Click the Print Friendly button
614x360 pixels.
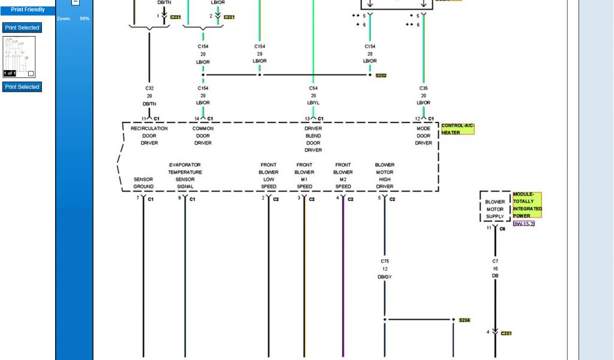(x=28, y=10)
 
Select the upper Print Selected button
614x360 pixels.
(x=22, y=28)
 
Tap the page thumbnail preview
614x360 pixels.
(x=19, y=57)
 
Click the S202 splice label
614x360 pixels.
(x=381, y=76)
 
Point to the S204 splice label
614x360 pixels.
(x=465, y=320)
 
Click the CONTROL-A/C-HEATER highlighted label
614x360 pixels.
(x=458, y=129)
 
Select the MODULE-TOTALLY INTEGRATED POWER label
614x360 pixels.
(x=527, y=205)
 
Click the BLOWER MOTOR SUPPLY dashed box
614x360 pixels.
(x=495, y=206)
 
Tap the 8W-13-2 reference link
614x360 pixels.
(x=523, y=223)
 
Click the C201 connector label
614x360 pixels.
(x=506, y=334)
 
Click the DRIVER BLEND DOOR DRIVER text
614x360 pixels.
(x=313, y=139)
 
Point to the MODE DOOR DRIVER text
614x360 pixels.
(x=423, y=136)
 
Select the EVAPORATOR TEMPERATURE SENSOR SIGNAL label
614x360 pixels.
(x=185, y=175)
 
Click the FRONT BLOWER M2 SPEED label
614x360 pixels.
(x=343, y=175)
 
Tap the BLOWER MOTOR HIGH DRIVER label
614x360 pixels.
(x=385, y=175)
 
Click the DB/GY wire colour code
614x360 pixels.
(x=385, y=277)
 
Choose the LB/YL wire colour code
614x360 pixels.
(x=313, y=103)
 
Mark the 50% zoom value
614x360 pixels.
(x=85, y=19)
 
